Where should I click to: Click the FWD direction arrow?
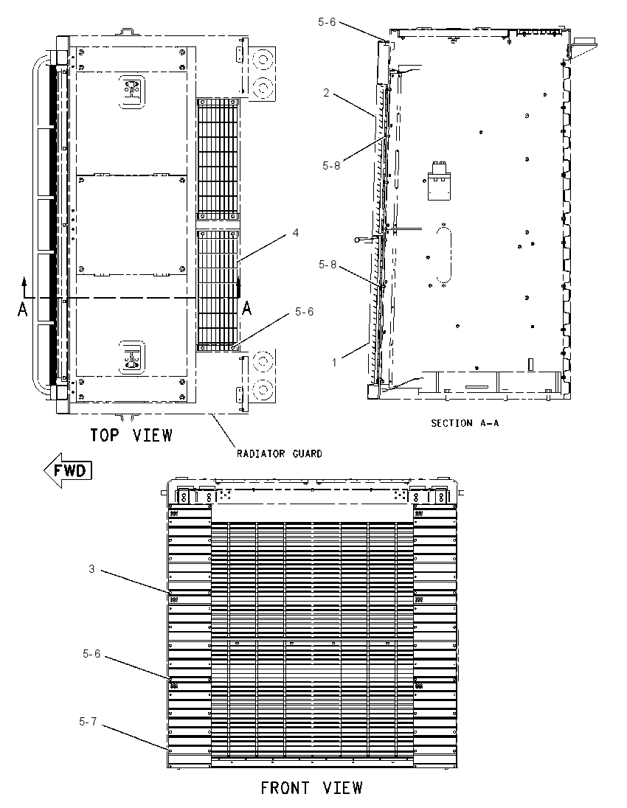click(68, 470)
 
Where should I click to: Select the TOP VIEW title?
click(131, 436)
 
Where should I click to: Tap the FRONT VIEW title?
click(311, 788)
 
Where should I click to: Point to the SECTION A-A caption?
click(465, 423)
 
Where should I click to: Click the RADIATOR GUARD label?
click(280, 453)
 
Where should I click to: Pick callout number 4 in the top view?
click(296, 233)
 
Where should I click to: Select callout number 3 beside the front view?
click(91, 569)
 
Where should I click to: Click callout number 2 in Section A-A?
click(326, 93)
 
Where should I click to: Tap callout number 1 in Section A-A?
click(334, 363)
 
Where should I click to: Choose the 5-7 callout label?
click(88, 722)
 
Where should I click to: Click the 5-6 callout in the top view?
click(304, 312)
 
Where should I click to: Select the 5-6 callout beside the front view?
click(91, 653)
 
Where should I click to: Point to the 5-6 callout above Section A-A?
click(327, 21)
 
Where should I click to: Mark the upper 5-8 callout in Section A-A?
click(331, 165)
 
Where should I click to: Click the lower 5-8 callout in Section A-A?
click(328, 265)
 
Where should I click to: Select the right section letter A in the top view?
click(247, 309)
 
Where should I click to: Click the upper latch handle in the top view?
click(132, 91)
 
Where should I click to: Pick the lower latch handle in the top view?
click(132, 357)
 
